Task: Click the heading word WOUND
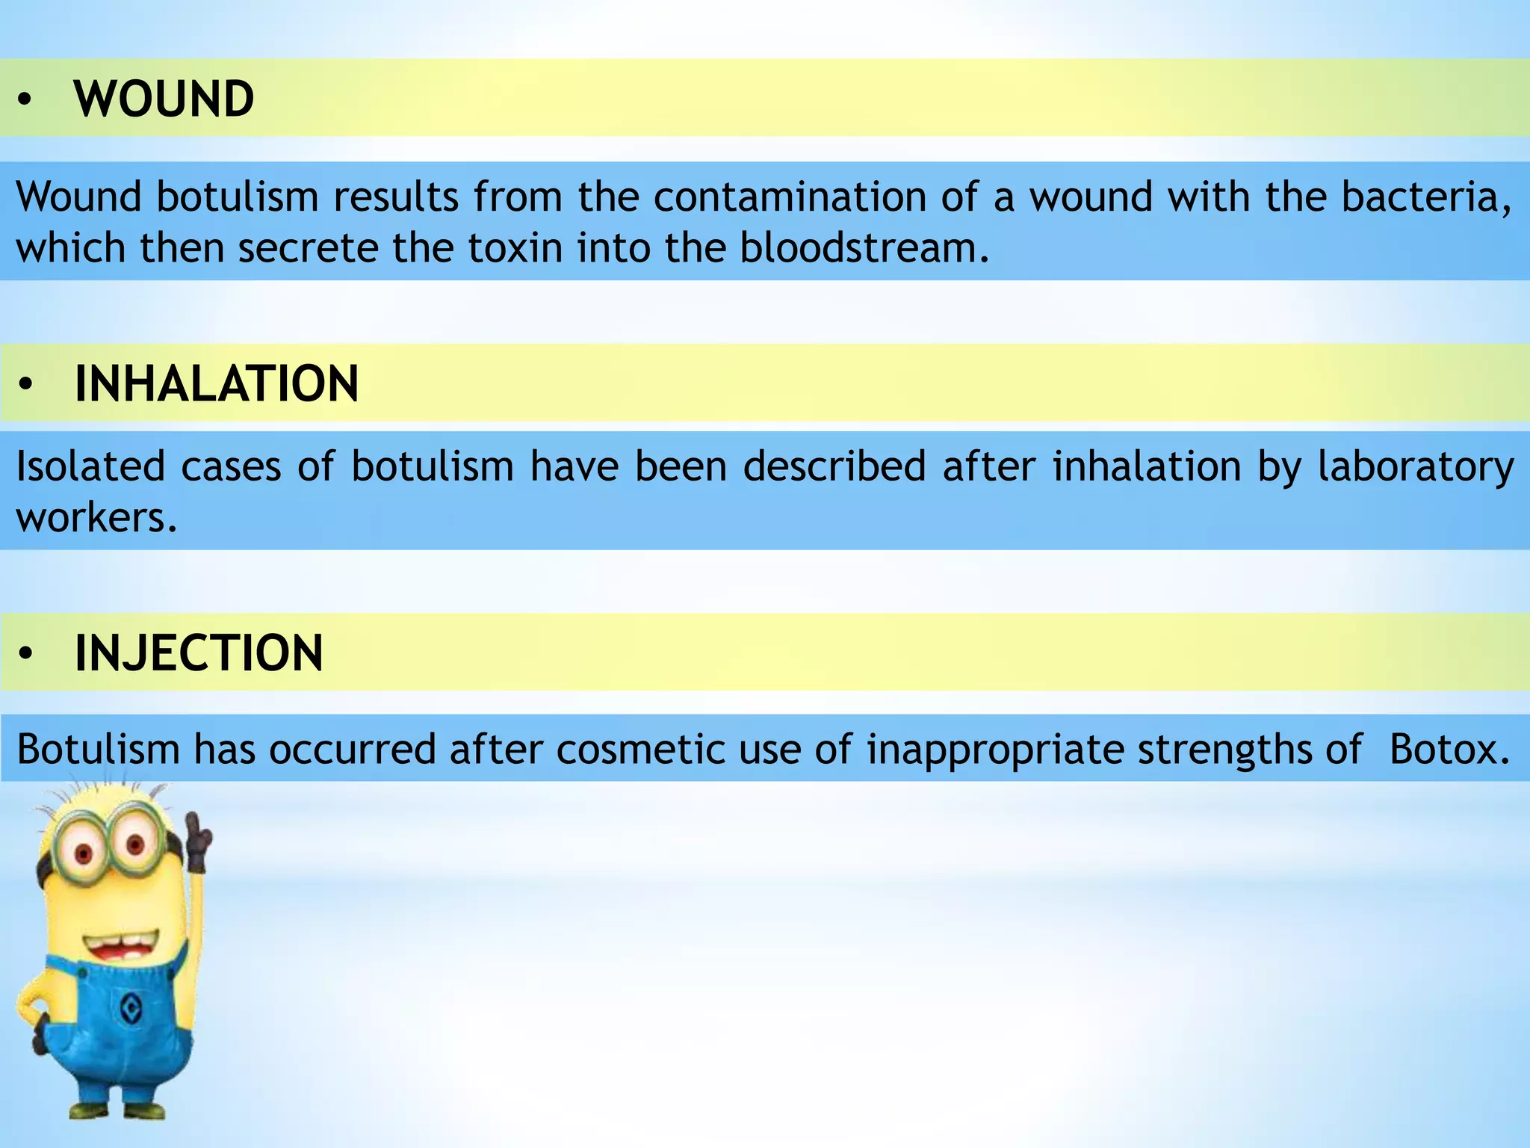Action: click(x=164, y=99)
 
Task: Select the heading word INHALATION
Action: click(x=217, y=383)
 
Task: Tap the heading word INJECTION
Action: click(x=199, y=653)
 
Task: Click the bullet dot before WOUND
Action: click(x=25, y=100)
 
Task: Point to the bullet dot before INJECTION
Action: click(x=26, y=654)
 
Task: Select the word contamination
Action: click(x=789, y=197)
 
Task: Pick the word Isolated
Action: click(x=90, y=466)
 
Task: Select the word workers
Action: click(x=96, y=517)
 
